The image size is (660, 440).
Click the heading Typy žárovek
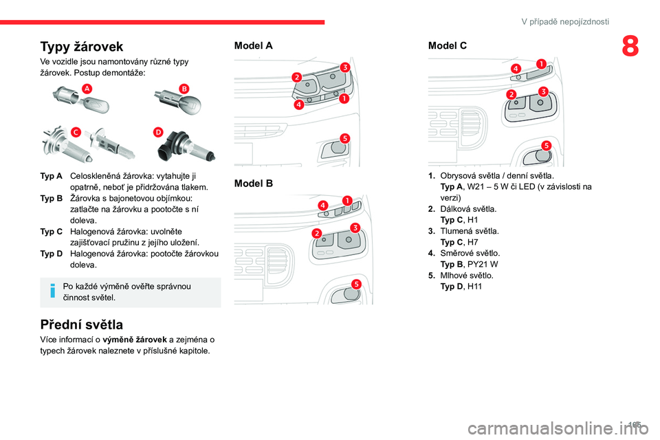pos(82,47)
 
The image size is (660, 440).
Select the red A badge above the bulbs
pos(87,88)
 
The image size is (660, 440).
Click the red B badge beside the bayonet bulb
pos(184,88)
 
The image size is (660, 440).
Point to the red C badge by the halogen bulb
pos(75,131)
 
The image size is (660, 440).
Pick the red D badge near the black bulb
pos(159,131)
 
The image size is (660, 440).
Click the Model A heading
pos(254,45)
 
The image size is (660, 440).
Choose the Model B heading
pos(254,184)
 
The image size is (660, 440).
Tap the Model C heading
pos(448,45)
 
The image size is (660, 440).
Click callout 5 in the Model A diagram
pos(345,137)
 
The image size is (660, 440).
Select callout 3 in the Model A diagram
pos(344,66)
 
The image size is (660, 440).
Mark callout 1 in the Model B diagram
pos(347,200)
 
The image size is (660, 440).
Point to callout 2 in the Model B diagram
pos(316,234)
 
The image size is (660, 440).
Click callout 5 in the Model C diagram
pos(546,145)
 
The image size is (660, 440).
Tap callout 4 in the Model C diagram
pos(515,69)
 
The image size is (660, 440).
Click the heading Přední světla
pos(82,324)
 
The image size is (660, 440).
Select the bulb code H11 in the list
pos(474,286)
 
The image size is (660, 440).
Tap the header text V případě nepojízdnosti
pos(565,21)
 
